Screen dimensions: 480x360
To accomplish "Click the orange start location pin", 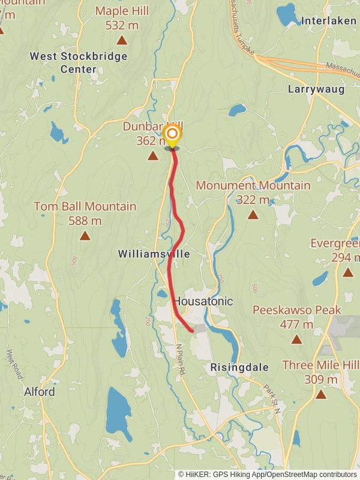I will click(172, 134).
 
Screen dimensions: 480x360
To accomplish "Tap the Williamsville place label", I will click(154, 254).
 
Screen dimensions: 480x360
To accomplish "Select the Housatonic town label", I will click(203, 301).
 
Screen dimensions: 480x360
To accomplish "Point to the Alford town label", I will click(40, 392).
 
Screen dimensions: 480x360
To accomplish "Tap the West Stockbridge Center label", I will click(79, 62).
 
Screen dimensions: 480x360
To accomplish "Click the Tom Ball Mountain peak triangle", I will click(85, 236).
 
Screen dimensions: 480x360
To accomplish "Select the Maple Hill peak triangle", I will click(122, 40).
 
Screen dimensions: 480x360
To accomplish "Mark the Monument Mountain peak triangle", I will click(253, 215).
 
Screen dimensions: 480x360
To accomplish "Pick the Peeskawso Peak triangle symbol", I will click(296, 340).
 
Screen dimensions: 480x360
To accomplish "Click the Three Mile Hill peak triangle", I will click(321, 394).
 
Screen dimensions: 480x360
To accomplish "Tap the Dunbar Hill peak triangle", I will click(153, 156).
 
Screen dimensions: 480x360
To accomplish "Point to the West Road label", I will click(14, 365).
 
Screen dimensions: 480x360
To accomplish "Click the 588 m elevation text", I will click(85, 221).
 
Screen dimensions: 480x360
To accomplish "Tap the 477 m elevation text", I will click(296, 325).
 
